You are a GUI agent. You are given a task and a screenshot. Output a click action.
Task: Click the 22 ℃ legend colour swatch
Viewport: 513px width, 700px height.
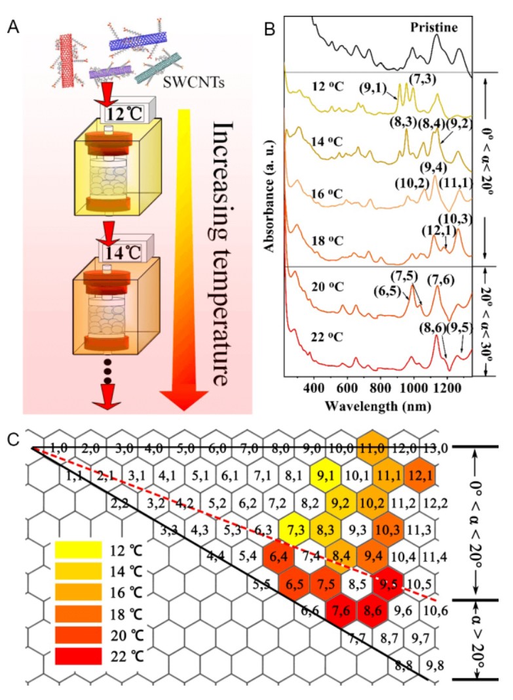[78, 654]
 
